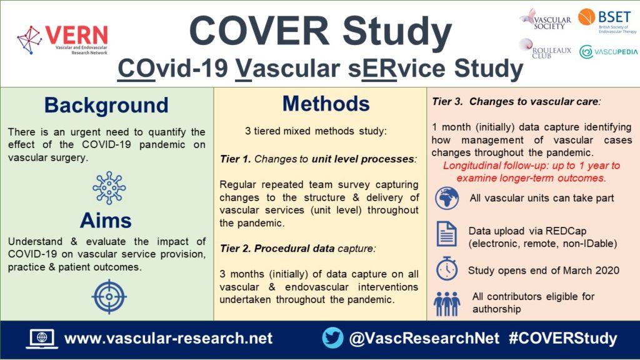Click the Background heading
(x=106, y=104)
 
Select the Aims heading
(x=106, y=220)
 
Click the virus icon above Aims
(x=109, y=187)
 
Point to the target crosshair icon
(x=109, y=296)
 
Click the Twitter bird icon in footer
(x=332, y=338)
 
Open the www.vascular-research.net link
(x=169, y=339)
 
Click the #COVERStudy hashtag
(x=562, y=339)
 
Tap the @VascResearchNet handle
(x=424, y=339)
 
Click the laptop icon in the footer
(x=41, y=339)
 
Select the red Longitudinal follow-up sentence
(x=531, y=172)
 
